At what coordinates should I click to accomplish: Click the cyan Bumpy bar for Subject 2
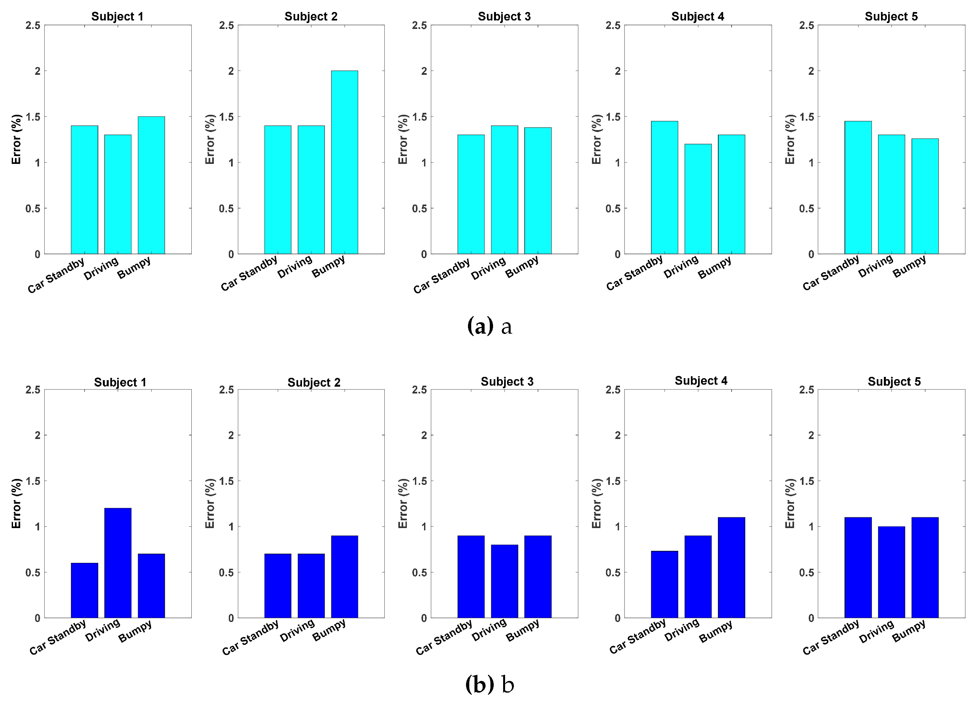(344, 162)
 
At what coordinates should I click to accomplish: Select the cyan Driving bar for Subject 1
(117, 194)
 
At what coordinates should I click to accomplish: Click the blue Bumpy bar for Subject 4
(731, 568)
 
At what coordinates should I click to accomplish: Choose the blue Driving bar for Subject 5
(891, 572)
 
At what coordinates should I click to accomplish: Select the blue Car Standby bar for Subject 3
(471, 577)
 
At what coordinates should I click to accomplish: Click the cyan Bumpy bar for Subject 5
(925, 196)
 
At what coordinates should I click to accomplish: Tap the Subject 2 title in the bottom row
(314, 382)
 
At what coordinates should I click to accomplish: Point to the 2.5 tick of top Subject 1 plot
(33, 25)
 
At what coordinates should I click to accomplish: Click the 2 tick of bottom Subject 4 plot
(618, 435)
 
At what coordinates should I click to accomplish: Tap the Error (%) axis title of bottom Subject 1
(16, 503)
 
